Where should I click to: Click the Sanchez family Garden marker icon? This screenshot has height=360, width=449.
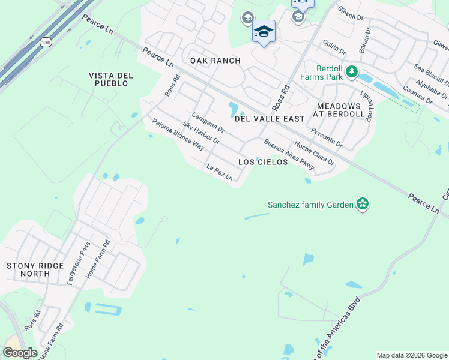362,205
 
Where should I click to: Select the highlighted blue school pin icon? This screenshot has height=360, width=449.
264,31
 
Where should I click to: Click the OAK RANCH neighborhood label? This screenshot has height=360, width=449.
215,61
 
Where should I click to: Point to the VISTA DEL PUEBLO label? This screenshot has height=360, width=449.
109,79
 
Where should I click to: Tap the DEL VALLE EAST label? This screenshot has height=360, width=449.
270,119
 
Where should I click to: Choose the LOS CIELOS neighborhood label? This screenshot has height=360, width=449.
263,162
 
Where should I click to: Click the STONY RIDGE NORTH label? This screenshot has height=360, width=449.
28,269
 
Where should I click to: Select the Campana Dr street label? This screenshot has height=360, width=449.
208,122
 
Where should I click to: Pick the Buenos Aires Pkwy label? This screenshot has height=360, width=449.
289,154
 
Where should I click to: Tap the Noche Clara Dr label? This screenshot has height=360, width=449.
313,154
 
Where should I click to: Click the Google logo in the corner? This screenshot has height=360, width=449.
20,353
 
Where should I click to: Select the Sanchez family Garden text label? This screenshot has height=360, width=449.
310,205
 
